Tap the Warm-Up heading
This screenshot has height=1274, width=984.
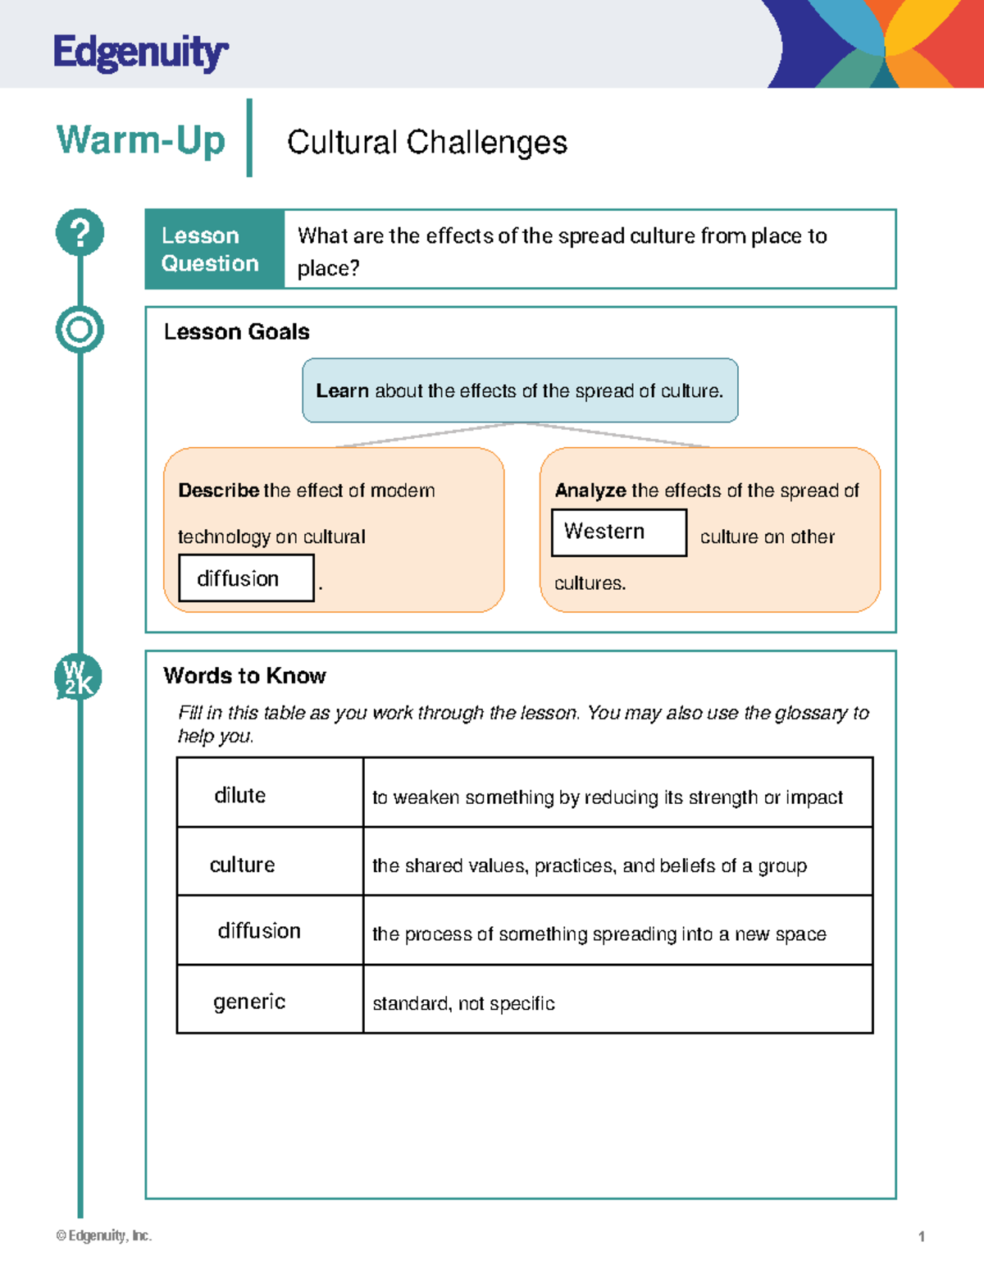140,139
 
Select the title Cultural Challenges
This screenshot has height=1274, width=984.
426,142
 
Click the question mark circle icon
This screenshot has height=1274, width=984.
80,233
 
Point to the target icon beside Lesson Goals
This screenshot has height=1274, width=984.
80,330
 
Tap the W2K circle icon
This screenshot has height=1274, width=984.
78,678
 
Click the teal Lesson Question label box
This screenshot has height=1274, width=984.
214,249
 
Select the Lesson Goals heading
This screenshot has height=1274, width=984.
236,331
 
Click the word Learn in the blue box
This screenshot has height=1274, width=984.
342,391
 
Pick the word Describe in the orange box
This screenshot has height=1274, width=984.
218,491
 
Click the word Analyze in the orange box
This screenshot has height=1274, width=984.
590,491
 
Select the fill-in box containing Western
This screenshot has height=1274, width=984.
618,532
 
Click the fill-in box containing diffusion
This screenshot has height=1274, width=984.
246,578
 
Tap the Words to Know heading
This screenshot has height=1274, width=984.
244,676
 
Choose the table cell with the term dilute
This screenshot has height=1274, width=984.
270,793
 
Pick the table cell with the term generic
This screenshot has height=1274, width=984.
270,1000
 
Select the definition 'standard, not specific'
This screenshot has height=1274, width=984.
463,1003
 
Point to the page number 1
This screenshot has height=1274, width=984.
922,1236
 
